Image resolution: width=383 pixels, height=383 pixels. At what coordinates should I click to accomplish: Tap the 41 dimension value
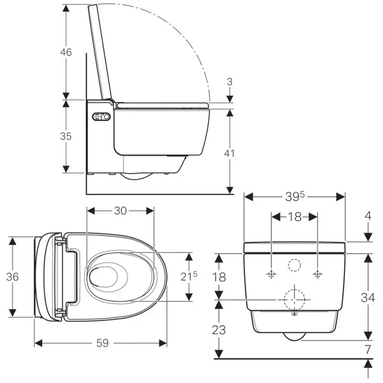(229, 153)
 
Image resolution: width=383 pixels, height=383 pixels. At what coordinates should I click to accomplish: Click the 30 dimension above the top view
(121, 210)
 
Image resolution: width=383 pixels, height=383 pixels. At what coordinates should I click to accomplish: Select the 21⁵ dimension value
(190, 276)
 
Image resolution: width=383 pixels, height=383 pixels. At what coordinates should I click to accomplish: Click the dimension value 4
(367, 215)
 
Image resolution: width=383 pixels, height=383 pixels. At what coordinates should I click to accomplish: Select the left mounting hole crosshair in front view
(272, 274)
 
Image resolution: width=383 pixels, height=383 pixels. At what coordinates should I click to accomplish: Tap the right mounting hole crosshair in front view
(317, 274)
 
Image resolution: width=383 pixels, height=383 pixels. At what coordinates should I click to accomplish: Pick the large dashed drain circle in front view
(295, 298)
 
